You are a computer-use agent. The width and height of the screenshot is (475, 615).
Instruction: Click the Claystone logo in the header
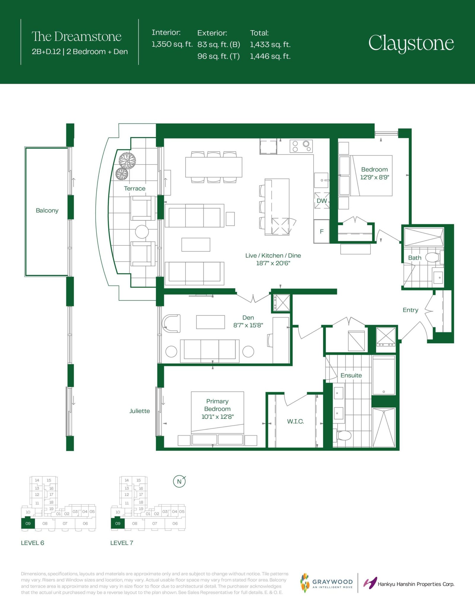(411, 44)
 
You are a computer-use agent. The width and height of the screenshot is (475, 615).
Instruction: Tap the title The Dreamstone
(77, 37)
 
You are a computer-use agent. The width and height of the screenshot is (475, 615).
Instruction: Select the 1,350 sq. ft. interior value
(172, 44)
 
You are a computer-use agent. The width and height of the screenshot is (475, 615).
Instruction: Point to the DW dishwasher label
(322, 201)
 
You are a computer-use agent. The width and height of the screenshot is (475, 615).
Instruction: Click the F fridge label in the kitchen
(322, 231)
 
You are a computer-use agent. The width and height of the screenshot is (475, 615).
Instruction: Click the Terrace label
(135, 189)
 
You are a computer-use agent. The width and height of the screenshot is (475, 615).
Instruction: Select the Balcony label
(47, 211)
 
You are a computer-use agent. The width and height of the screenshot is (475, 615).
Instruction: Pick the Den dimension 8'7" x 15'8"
(248, 325)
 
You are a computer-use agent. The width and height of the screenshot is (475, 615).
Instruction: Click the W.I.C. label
(295, 421)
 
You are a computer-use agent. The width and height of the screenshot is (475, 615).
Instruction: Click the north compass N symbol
(179, 482)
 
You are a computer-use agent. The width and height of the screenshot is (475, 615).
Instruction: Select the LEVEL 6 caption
(32, 543)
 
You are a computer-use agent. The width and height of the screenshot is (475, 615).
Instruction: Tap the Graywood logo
(327, 583)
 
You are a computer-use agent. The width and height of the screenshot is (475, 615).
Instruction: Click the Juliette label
(140, 411)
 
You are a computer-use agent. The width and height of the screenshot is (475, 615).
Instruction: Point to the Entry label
(411, 310)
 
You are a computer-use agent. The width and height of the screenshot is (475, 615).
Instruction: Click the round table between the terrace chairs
(142, 232)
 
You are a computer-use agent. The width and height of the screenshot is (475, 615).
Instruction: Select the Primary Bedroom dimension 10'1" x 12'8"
(218, 417)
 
